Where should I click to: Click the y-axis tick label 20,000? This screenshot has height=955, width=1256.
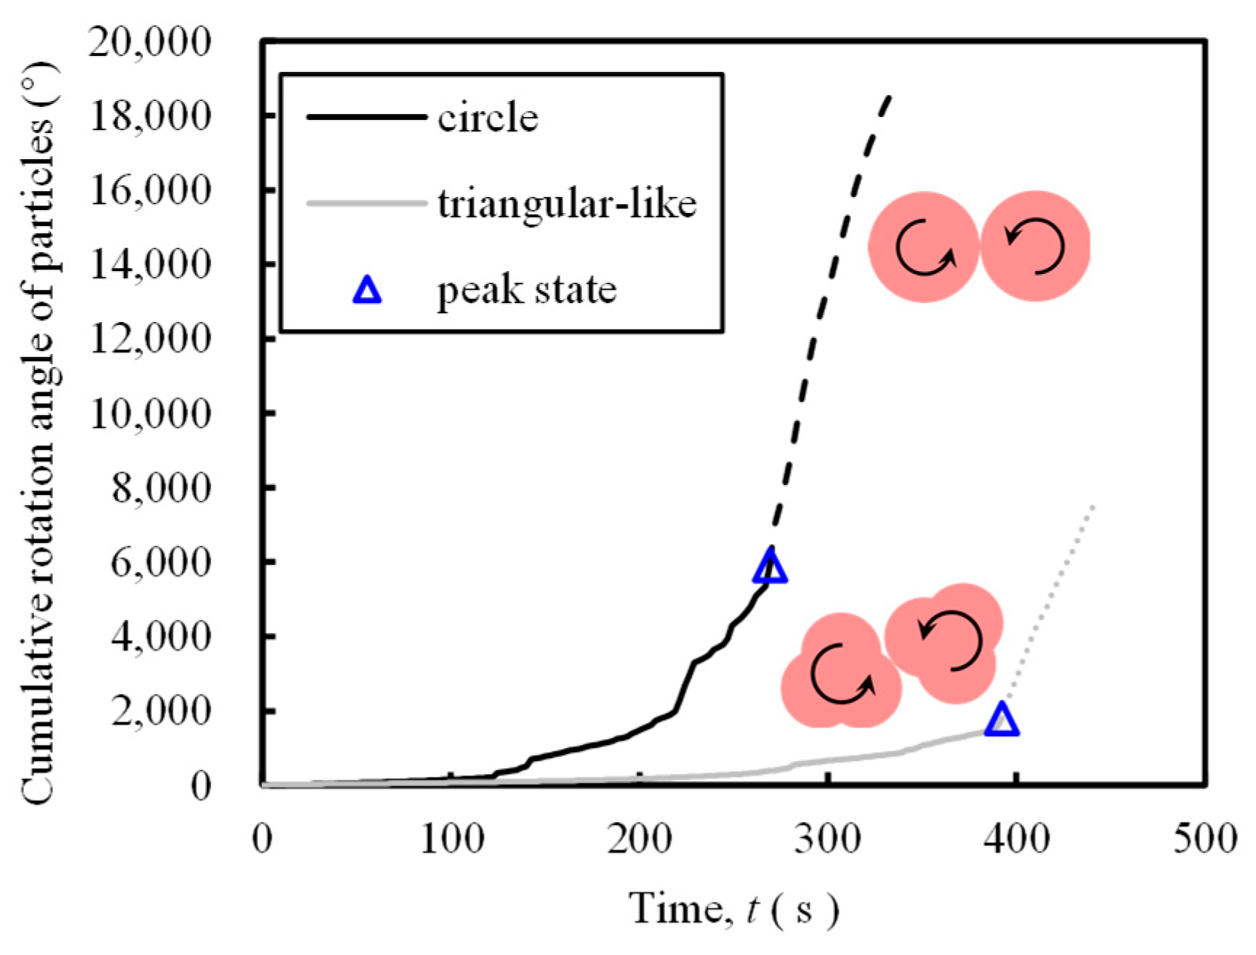tap(149, 41)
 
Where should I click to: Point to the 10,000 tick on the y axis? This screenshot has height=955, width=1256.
tap(149, 414)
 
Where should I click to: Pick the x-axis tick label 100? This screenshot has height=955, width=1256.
tap(451, 840)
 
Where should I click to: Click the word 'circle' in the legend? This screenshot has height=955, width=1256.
tap(488, 118)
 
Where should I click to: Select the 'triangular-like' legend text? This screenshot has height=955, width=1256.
tap(567, 204)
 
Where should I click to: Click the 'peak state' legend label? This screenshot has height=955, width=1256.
tap(526, 290)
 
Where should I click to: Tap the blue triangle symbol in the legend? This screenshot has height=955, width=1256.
tap(367, 290)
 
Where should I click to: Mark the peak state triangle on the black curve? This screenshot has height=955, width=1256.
tap(770, 568)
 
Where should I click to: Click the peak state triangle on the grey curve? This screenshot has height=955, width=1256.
tap(1002, 720)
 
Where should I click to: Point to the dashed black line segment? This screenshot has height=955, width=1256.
tap(829, 283)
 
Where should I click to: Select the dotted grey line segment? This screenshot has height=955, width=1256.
tap(1054, 603)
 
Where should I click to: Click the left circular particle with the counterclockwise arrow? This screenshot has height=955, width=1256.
tap(924, 247)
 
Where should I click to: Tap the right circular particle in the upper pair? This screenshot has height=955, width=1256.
tap(1035, 246)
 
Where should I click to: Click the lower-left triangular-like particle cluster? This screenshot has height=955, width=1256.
tap(841, 674)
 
